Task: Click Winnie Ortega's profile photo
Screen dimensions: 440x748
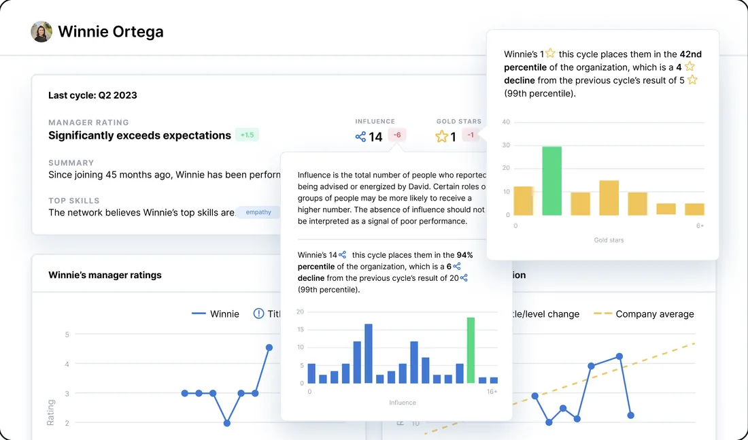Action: click(41, 31)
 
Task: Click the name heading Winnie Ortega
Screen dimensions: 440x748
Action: click(110, 31)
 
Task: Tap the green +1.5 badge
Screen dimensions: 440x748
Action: click(247, 135)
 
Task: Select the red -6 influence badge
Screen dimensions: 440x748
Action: click(397, 135)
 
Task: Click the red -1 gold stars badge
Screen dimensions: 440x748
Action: click(471, 135)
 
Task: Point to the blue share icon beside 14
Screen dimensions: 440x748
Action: click(360, 137)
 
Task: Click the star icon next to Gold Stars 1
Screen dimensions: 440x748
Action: click(442, 137)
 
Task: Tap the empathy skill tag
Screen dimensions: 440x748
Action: click(258, 212)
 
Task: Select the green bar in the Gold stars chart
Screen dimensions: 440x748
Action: click(551, 181)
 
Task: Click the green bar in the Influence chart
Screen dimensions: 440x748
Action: click(471, 350)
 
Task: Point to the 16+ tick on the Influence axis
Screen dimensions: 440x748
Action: click(491, 392)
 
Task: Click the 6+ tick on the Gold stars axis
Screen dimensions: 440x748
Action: click(700, 226)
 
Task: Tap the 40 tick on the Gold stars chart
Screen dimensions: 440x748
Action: click(506, 122)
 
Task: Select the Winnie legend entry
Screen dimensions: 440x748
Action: click(216, 314)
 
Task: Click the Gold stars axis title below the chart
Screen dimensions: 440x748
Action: click(609, 240)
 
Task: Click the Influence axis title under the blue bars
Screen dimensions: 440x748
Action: click(403, 403)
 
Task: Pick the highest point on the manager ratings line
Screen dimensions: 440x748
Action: click(269, 348)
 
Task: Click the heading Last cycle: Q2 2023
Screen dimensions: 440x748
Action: click(92, 95)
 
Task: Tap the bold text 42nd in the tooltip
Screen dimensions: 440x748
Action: click(690, 54)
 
